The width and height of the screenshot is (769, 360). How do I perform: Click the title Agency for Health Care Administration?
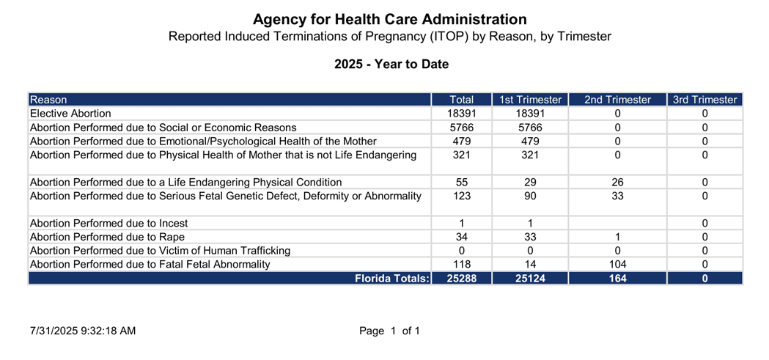point(390,20)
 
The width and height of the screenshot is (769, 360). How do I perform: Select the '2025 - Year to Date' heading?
point(391,65)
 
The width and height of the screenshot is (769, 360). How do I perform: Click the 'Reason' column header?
point(48,100)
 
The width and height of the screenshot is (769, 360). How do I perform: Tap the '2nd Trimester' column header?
point(617,100)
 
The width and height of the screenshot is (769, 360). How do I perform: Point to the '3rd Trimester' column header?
point(704,100)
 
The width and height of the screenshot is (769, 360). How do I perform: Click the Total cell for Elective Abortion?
point(462,114)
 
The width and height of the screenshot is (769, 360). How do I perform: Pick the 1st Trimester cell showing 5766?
point(530,128)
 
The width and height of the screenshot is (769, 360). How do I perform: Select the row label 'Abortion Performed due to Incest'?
point(109,223)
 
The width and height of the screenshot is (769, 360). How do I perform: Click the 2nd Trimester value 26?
point(617,183)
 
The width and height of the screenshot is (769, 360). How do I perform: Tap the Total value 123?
point(462,196)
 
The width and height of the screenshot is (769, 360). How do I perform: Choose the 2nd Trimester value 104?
point(617,265)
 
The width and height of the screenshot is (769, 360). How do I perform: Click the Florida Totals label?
point(392,279)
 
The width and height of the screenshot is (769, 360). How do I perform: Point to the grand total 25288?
point(462,279)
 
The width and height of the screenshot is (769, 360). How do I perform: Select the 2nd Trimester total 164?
point(617,279)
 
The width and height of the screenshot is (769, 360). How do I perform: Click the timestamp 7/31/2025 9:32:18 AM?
point(83,331)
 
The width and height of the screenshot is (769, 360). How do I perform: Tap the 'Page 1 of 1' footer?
point(389,331)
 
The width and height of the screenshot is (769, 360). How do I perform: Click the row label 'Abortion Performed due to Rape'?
point(108,237)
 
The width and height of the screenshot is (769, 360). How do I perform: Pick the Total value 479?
point(462,142)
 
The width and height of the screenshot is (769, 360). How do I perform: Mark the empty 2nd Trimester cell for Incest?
point(617,223)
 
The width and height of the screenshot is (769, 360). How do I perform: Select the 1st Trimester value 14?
point(530,265)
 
